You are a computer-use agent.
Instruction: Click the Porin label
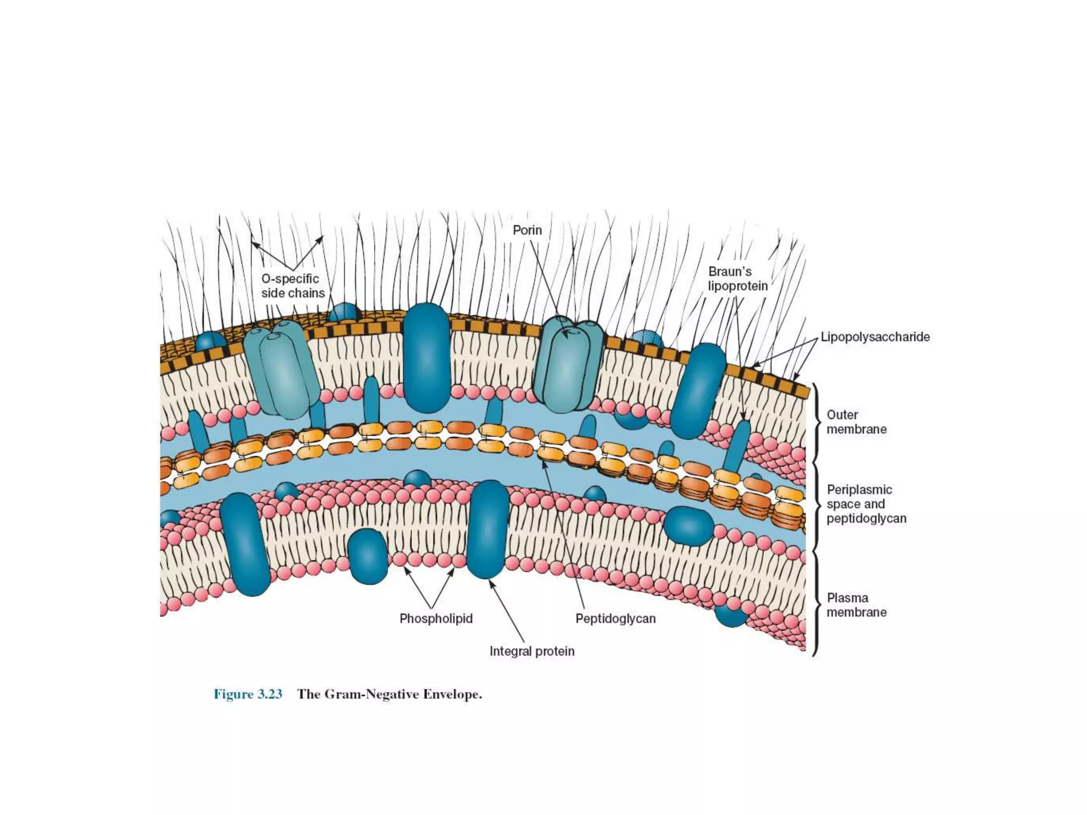click(x=527, y=230)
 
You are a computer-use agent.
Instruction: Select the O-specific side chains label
click(x=292, y=286)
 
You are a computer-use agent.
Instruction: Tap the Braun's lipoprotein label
click(x=738, y=279)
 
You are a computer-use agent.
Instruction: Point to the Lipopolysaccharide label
click(x=875, y=337)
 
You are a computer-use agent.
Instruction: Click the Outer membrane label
click(x=856, y=422)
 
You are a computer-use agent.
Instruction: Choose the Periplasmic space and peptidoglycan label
click(x=866, y=504)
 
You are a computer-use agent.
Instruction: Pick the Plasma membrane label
click(x=856, y=605)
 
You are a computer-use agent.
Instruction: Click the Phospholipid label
click(x=436, y=619)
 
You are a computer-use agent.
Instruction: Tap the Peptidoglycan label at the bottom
click(x=616, y=619)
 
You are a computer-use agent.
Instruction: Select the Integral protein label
click(x=532, y=651)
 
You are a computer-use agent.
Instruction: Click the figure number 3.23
click(x=248, y=695)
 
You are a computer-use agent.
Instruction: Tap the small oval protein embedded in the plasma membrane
click(x=368, y=556)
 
